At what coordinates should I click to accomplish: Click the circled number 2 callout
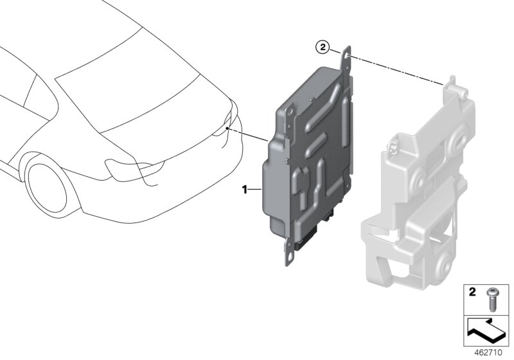click(323, 47)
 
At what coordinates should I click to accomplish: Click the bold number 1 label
click(244, 189)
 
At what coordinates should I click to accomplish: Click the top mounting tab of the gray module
click(347, 54)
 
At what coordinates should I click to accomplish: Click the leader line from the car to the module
click(251, 135)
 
